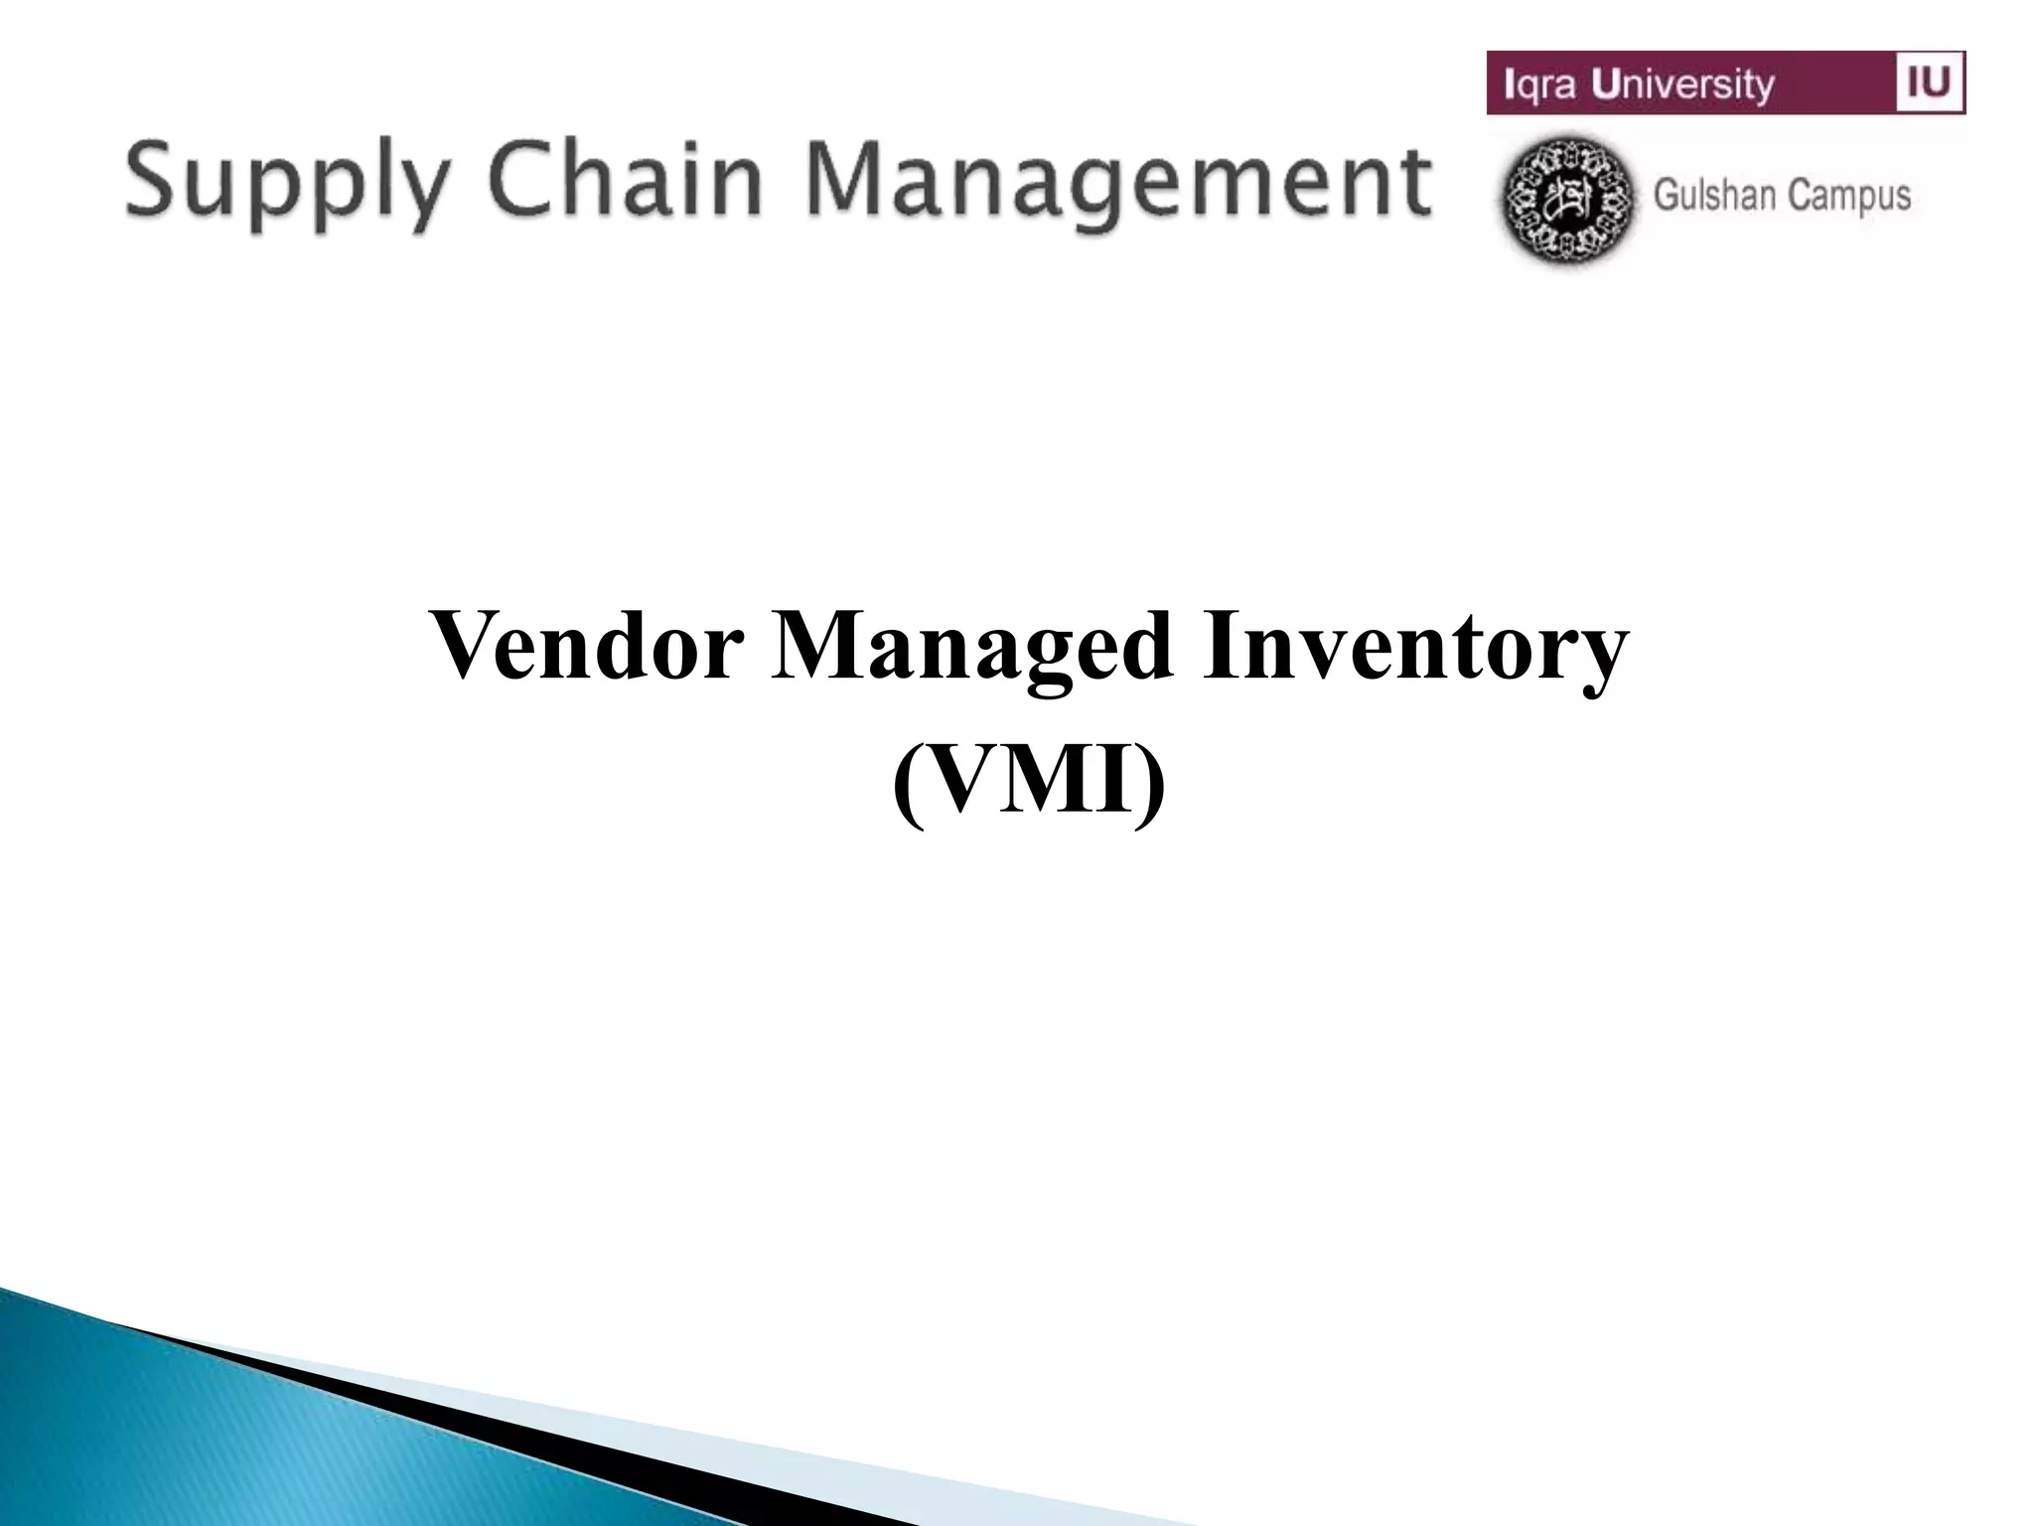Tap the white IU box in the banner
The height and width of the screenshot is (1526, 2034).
click(1930, 81)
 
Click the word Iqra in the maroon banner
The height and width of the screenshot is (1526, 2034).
click(1540, 84)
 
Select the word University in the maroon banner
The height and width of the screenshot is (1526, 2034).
click(1682, 84)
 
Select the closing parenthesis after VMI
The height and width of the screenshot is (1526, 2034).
click(1151, 785)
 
